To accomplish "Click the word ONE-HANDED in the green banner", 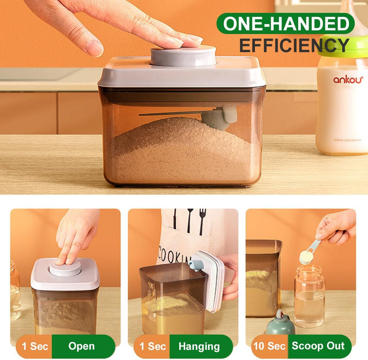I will coord(286,24).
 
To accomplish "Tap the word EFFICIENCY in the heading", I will coord(294,45).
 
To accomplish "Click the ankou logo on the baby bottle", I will coord(348,80).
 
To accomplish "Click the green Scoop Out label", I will coord(318,346).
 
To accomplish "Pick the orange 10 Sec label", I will coord(270,346).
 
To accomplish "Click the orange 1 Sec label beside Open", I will coord(35,346).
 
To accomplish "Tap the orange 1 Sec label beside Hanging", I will coord(152,346).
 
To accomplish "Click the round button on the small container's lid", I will coord(65,267).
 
